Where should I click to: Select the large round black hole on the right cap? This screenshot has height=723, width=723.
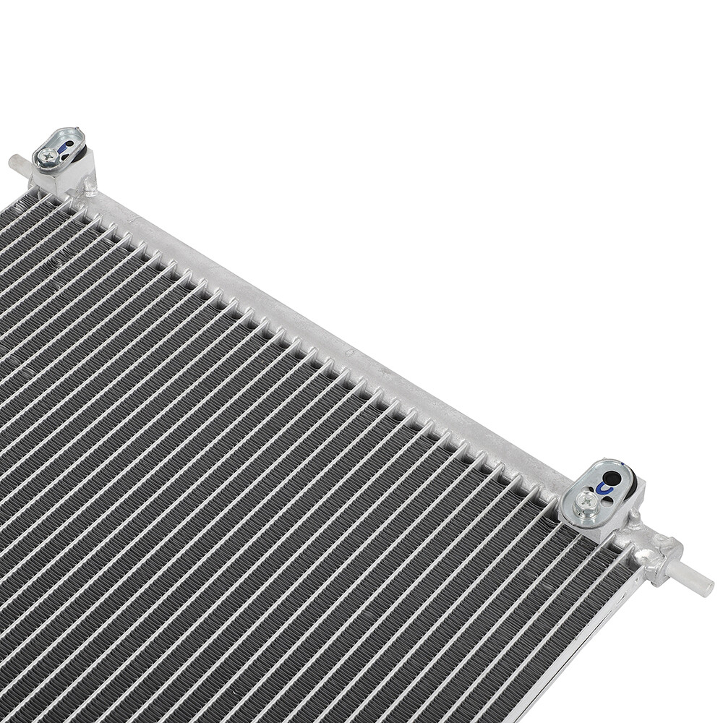pos(612,478)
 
